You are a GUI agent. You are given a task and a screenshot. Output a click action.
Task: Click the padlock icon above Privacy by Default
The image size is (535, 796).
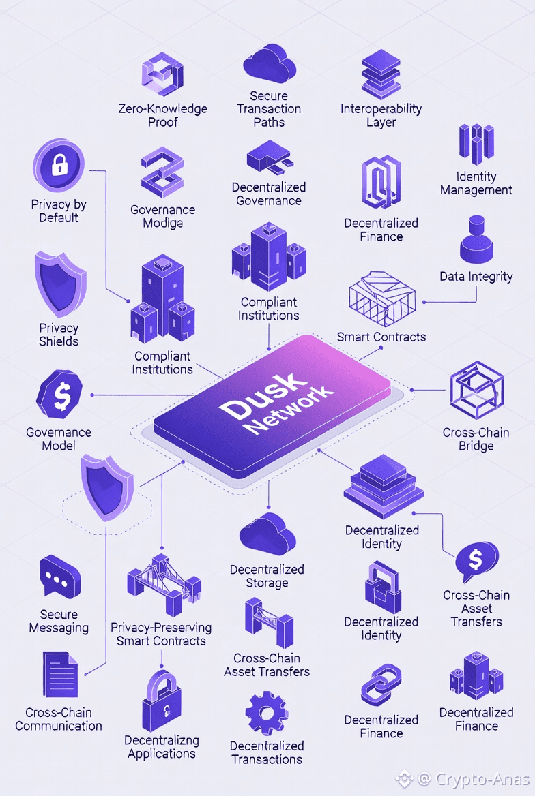pos(59,165)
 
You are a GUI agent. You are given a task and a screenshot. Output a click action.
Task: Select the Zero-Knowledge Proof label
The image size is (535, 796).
pos(162,115)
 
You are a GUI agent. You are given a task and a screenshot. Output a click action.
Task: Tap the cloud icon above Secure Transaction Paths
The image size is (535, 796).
pos(269,63)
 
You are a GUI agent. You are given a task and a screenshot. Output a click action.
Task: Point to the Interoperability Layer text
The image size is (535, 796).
pos(381,115)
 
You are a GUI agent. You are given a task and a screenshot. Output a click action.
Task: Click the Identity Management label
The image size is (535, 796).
pos(476,183)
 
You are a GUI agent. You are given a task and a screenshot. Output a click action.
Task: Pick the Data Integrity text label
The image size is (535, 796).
pos(476,277)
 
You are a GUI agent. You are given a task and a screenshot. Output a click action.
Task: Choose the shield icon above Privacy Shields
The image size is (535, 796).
pos(60,284)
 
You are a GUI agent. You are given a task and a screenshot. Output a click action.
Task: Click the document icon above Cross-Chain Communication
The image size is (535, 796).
pos(60,675)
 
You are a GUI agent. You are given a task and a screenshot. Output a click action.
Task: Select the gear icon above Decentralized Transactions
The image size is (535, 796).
pos(267,714)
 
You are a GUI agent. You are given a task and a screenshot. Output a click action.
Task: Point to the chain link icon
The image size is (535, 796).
pos(381,686)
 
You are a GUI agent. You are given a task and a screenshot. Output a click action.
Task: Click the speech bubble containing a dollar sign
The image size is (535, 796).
pos(476,562)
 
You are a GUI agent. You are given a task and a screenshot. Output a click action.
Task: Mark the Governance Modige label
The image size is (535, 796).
pos(162,216)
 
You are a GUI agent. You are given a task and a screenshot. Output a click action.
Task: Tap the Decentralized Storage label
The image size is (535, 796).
pos(267,576)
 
